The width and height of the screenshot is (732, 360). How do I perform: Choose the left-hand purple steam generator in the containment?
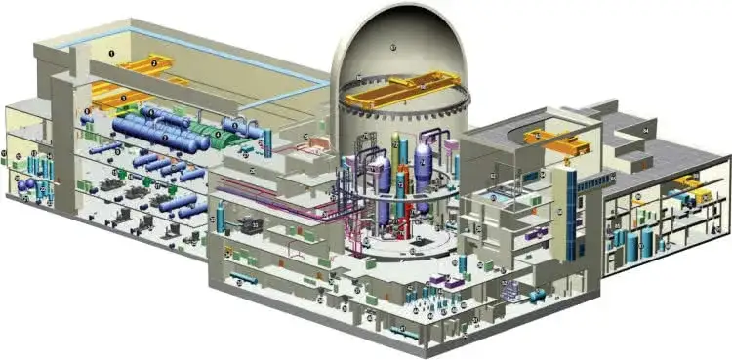(382, 175)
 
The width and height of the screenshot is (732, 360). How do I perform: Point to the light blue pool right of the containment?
(498, 197)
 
